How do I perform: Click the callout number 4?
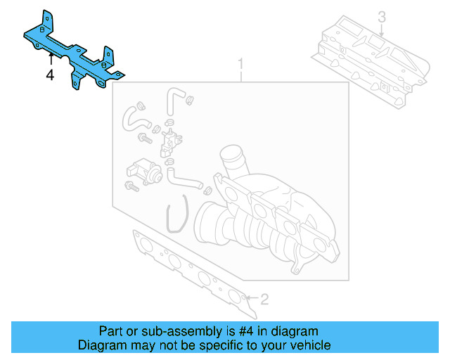coord(50,74)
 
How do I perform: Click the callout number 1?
coord(240,65)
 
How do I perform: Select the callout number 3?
coord(382,16)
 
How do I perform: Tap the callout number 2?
coord(264,300)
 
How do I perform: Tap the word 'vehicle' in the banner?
coord(310,345)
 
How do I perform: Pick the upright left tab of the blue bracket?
coord(46,20)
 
